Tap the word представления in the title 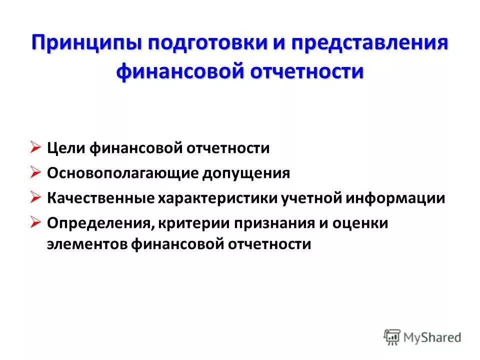pyautogui.click(x=369, y=43)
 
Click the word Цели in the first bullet pyautogui.click(x=66, y=148)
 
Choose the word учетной pyautogui.click(x=310, y=198)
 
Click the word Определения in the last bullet pyautogui.click(x=99, y=223)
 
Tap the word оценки pyautogui.click(x=359, y=223)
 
